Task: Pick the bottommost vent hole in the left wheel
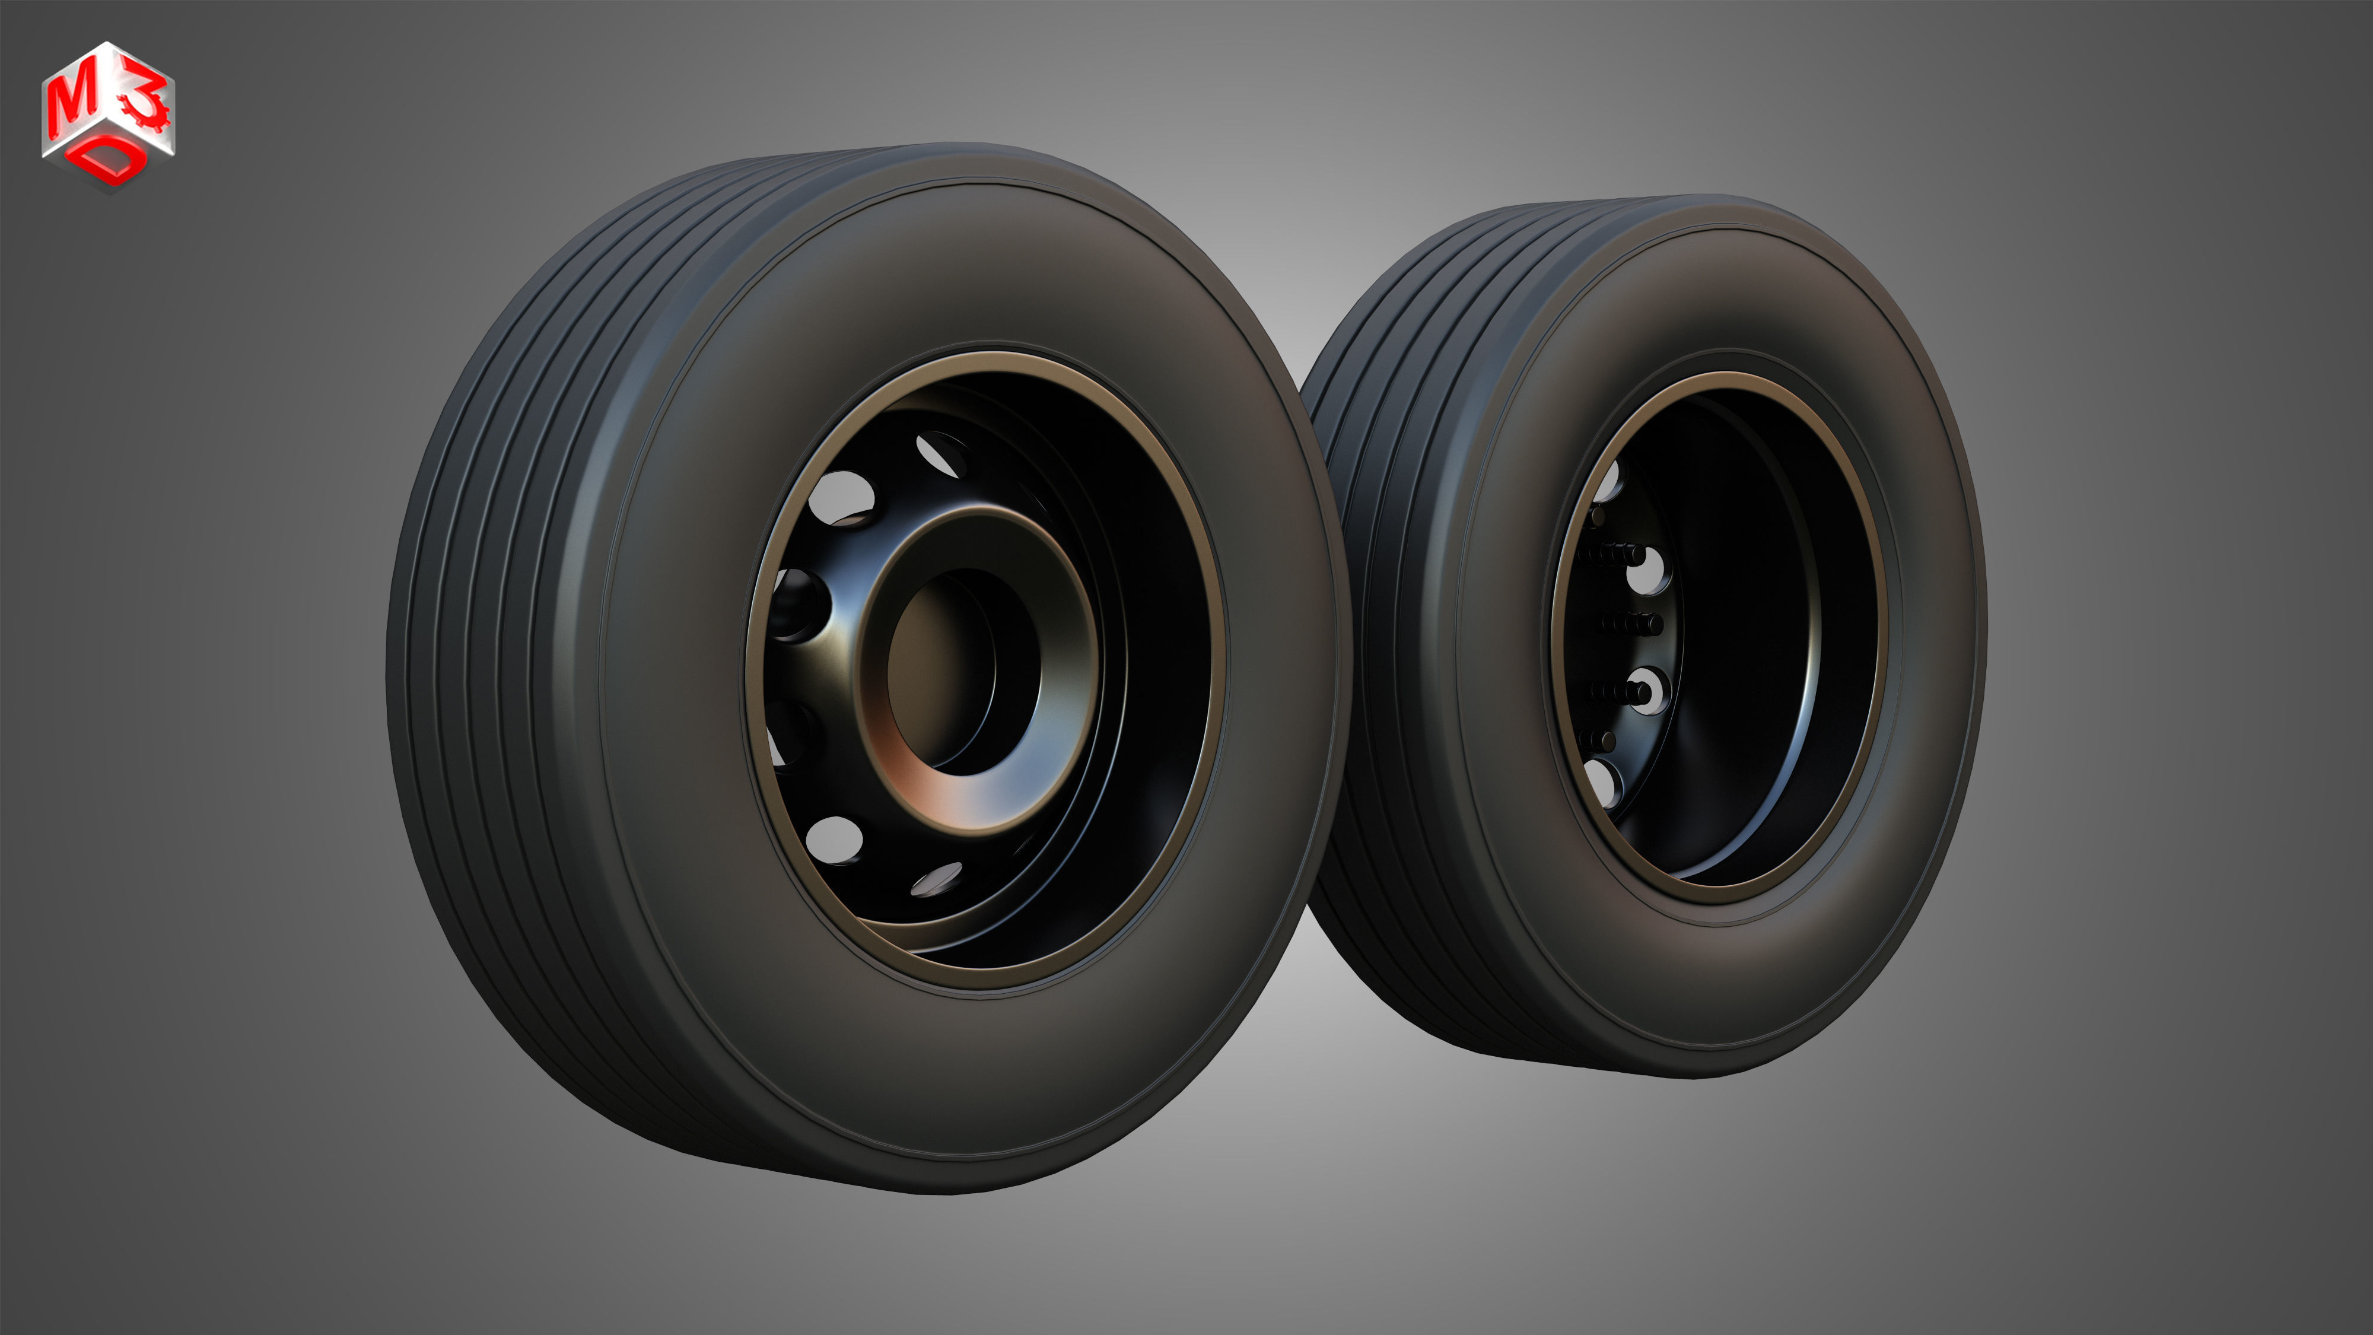click(937, 880)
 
